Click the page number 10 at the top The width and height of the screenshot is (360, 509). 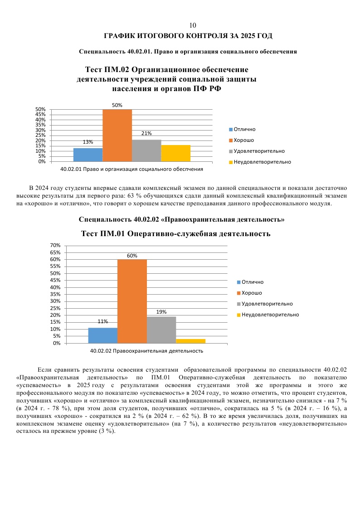(193, 25)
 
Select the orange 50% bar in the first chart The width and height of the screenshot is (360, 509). (117, 135)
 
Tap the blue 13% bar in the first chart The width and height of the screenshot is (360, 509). (88, 155)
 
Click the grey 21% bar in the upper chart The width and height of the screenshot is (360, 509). (146, 150)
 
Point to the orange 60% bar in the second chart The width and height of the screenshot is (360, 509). (132, 301)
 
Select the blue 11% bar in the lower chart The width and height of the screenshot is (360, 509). (102, 335)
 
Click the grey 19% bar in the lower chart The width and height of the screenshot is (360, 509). (161, 330)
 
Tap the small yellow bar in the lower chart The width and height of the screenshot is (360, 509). (190, 341)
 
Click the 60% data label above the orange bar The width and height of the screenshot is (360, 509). (132, 256)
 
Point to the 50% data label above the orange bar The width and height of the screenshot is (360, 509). (117, 105)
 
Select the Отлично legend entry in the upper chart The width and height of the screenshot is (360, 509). (245, 129)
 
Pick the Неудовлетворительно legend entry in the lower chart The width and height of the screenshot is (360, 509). (270, 315)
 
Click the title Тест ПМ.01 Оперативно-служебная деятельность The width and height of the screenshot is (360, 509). (175, 234)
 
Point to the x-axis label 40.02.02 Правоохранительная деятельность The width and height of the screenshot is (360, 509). (146, 351)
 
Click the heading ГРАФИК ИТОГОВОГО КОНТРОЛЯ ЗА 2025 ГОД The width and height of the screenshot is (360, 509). (188, 35)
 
